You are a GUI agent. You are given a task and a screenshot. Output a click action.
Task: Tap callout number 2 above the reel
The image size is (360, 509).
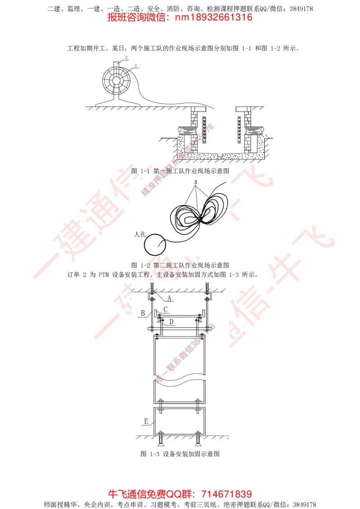pos(126,58)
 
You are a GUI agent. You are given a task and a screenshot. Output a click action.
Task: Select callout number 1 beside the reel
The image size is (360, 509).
pos(136,66)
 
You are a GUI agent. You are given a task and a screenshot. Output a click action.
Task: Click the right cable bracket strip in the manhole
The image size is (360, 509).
pos(239,129)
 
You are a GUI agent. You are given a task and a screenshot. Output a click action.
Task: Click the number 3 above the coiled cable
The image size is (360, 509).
pos(196,183)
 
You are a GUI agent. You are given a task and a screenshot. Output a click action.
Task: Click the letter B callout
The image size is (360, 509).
pos(142,312)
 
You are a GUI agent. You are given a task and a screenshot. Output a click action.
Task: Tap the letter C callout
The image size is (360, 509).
pos(166,309)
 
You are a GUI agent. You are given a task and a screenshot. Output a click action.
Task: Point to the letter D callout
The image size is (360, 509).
pos(171,322)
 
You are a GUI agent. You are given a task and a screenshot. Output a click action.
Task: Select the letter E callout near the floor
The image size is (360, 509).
pos(146,421)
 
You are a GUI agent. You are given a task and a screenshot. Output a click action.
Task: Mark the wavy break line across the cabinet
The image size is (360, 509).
pos(180,382)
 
